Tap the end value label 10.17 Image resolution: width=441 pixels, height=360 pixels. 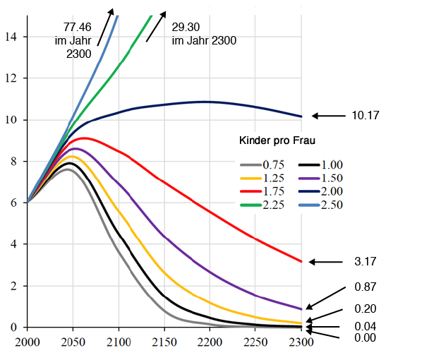click(x=366, y=115)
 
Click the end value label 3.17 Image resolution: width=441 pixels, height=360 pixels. click(x=366, y=262)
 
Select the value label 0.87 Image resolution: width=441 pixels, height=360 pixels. click(x=366, y=287)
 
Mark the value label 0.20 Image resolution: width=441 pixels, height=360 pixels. click(x=366, y=308)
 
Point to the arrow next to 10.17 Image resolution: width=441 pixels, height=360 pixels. click(x=325, y=115)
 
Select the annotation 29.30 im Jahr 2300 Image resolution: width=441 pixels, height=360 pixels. click(x=203, y=34)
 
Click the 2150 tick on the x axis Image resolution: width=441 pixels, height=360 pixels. click(x=164, y=342)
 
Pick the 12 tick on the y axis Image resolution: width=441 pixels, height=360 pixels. click(x=14, y=78)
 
